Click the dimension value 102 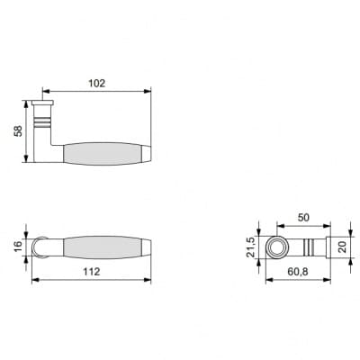(96, 83)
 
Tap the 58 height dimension (18, 131)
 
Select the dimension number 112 (91, 272)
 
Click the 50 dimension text (303, 218)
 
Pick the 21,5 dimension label (250, 247)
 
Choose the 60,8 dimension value (298, 272)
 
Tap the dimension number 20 (343, 247)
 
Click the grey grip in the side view (102, 154)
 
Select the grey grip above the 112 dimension (102, 247)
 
